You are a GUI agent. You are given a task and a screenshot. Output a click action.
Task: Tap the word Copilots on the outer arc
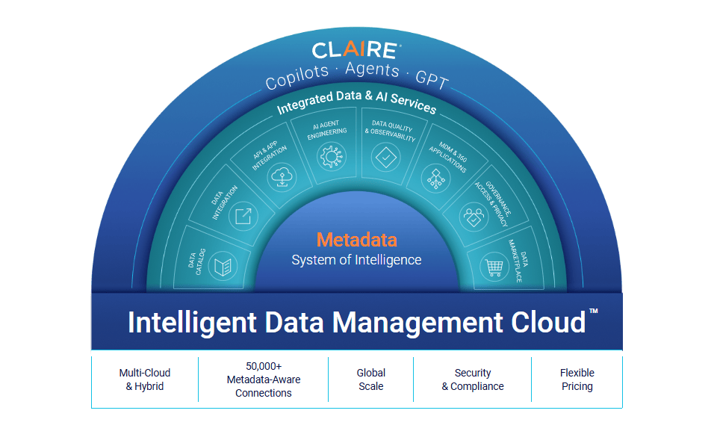(x=297, y=77)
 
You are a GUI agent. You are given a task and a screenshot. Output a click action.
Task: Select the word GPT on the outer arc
(x=432, y=79)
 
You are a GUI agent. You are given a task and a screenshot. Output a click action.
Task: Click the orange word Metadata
(x=357, y=240)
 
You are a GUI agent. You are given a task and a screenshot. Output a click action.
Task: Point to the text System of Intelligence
(x=357, y=260)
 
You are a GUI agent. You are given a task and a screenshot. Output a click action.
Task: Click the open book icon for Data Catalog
(x=223, y=266)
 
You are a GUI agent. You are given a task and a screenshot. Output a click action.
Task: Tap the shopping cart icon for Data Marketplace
(x=494, y=266)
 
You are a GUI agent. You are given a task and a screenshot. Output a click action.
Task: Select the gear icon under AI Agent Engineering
(x=332, y=156)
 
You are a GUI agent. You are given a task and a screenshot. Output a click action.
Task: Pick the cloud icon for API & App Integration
(x=282, y=177)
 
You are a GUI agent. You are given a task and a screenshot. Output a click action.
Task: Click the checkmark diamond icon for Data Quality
(x=385, y=158)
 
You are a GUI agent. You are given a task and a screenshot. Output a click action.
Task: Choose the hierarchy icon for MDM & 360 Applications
(x=435, y=179)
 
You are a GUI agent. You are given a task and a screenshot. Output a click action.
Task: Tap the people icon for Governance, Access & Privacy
(x=474, y=217)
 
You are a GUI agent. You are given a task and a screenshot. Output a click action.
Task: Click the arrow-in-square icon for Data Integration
(x=243, y=216)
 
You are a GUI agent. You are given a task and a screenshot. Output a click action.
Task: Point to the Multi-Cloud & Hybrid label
(x=144, y=379)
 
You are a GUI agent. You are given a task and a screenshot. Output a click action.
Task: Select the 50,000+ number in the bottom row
(x=264, y=366)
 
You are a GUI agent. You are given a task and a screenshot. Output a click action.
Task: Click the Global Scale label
(x=371, y=379)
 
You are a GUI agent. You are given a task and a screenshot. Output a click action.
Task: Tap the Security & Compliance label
(x=473, y=379)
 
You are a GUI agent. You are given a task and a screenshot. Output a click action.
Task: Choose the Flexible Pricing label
(x=577, y=379)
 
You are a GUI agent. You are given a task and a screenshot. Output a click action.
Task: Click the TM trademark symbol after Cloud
(x=594, y=311)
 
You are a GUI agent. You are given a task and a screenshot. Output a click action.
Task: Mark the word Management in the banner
(x=417, y=322)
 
